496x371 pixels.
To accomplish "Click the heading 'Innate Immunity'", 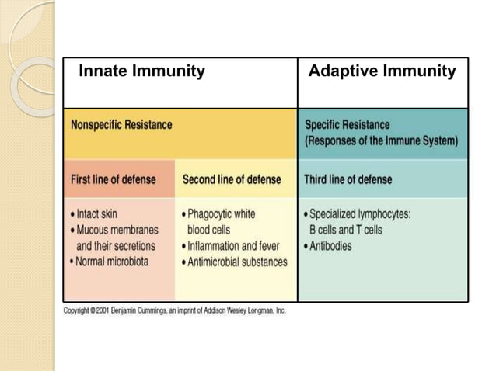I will click(x=142, y=72).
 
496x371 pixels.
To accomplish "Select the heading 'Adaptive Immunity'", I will click(x=382, y=72).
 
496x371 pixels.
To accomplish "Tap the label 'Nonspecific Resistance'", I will click(x=122, y=124).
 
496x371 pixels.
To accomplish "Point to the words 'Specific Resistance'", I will click(x=347, y=125).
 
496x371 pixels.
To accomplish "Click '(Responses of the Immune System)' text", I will click(x=381, y=141).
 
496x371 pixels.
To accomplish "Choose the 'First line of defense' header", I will click(x=114, y=179).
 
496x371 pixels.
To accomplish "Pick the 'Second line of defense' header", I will click(x=232, y=179).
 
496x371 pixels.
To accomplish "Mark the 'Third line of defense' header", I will click(x=348, y=179).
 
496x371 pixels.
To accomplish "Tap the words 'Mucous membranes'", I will click(x=117, y=230).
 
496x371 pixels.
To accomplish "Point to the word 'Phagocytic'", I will click(x=213, y=213).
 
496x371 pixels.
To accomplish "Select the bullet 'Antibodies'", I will click(x=330, y=246).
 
